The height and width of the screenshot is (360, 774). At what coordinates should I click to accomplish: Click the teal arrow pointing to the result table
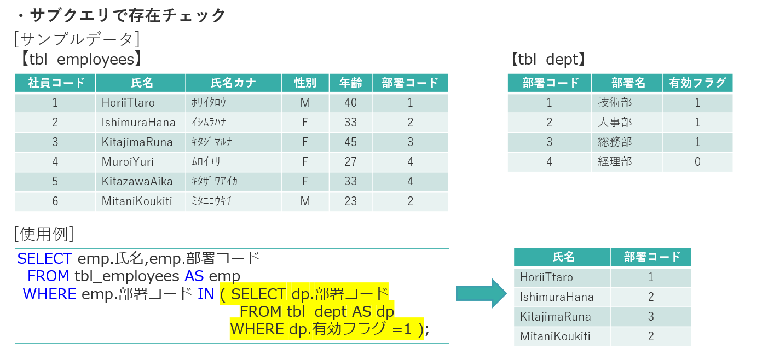[x=481, y=293]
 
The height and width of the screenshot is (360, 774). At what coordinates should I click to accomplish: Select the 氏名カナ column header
[x=233, y=83]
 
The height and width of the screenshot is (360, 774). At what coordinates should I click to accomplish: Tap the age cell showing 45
[x=350, y=142]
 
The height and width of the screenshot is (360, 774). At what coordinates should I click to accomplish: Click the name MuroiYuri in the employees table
[x=128, y=162]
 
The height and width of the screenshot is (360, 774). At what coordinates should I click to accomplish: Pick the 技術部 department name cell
[x=615, y=103]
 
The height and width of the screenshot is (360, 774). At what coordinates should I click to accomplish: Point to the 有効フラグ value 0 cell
[x=697, y=162]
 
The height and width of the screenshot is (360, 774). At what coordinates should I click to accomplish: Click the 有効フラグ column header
[x=697, y=83]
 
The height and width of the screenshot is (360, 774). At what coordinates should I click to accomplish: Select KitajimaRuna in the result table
[x=555, y=317]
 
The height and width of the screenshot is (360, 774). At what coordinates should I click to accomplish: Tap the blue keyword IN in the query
[x=206, y=294]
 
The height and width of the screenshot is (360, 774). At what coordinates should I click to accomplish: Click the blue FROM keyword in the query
[x=48, y=276]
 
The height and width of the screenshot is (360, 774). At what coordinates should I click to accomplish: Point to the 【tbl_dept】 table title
[x=548, y=59]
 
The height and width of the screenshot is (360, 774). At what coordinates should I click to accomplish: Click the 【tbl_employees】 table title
[x=82, y=59]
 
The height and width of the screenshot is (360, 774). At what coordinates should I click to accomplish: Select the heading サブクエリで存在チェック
[x=128, y=15]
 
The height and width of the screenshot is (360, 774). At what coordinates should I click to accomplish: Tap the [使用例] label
[x=44, y=234]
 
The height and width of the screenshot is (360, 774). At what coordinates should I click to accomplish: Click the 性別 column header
[x=305, y=83]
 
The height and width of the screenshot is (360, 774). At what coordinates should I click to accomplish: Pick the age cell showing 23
[x=350, y=201]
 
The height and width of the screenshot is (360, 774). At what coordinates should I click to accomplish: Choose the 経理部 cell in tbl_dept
[x=615, y=162]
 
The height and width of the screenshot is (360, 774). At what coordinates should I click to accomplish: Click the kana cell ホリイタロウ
[x=209, y=103]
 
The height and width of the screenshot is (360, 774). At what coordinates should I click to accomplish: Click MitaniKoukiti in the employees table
[x=137, y=201]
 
